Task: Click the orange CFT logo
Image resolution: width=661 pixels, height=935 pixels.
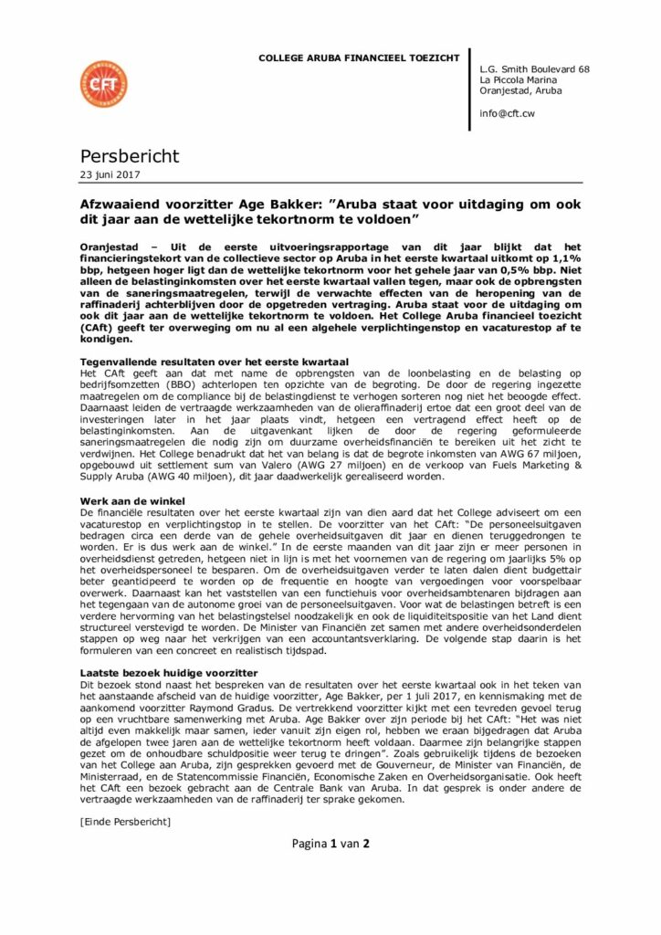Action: coord(104,83)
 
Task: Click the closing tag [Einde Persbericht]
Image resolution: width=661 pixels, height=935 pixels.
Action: coord(125,822)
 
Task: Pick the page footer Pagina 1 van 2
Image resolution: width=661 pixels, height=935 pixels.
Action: coord(330,844)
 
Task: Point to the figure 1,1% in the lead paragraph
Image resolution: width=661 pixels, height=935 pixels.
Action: coord(563,259)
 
